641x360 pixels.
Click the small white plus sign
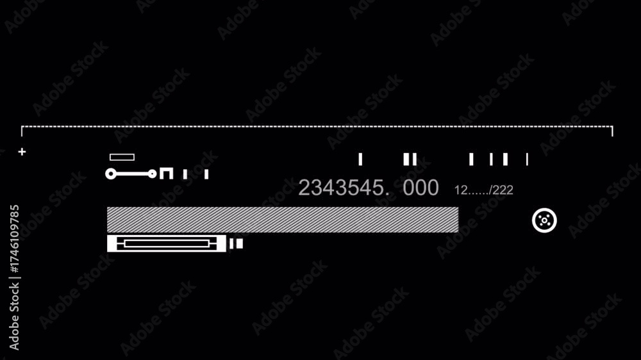tap(22, 152)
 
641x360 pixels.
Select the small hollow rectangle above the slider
tap(122, 158)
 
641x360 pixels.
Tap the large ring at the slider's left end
tap(111, 174)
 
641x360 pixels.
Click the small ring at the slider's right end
tap(152, 174)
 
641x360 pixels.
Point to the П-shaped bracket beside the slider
tap(167, 173)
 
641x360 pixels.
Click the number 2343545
tap(341, 188)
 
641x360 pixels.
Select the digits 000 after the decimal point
tap(420, 188)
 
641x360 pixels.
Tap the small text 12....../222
tap(483, 190)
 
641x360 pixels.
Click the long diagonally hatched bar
tap(283, 220)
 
